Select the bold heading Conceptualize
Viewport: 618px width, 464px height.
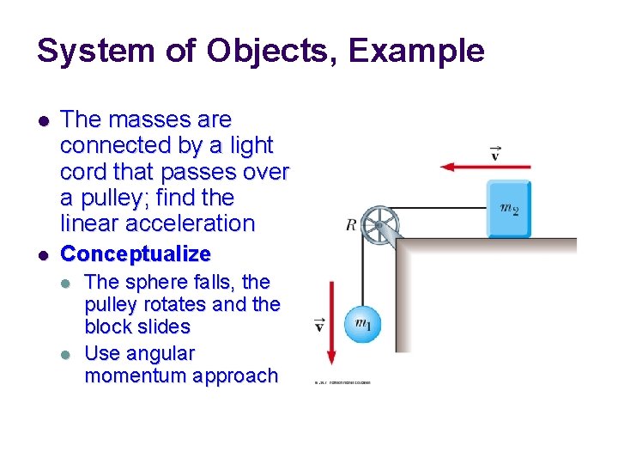coord(136,254)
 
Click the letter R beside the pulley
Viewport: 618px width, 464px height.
coord(350,225)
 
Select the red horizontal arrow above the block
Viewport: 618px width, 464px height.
coord(484,167)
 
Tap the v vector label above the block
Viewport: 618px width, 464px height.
coord(496,154)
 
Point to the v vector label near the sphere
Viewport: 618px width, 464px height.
coord(320,326)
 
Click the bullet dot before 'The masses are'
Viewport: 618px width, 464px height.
coord(42,119)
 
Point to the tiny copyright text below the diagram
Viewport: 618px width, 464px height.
coord(342,383)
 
